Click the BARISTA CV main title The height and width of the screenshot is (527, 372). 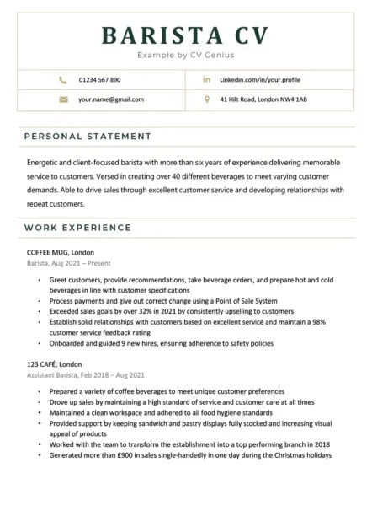click(x=185, y=35)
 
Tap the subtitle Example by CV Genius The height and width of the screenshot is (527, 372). click(x=185, y=56)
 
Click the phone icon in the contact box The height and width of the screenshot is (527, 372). click(x=63, y=80)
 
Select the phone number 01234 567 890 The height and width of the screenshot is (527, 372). click(x=99, y=80)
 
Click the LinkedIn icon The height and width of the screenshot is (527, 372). click(x=207, y=80)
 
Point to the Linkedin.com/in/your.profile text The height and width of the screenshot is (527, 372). click(x=260, y=80)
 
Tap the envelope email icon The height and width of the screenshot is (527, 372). click(x=63, y=99)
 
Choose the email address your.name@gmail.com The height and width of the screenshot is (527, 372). click(x=110, y=99)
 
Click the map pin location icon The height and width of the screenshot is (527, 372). click(x=207, y=99)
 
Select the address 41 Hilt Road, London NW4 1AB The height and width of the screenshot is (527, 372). click(x=263, y=99)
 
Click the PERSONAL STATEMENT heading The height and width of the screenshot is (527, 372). click(x=88, y=136)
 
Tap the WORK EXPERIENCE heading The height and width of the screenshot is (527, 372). click(x=77, y=228)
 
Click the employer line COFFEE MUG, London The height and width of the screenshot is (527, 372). click(x=61, y=252)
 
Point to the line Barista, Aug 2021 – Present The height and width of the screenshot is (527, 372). click(x=68, y=264)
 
